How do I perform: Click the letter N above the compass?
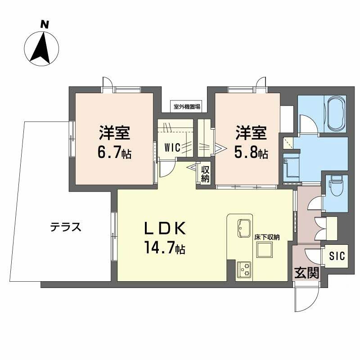45,24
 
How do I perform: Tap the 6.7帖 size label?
114,153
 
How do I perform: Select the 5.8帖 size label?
251,153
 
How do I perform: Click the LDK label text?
165,228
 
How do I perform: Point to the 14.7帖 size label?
165,247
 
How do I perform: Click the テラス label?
66,227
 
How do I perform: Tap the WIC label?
172,148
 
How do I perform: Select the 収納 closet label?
205,174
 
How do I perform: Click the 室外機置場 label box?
187,107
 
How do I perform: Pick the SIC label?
337,256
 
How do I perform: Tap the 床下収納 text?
267,238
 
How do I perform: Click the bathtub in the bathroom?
336,114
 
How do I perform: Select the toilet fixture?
337,186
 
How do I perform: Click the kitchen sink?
243,228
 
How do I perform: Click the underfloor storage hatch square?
265,250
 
